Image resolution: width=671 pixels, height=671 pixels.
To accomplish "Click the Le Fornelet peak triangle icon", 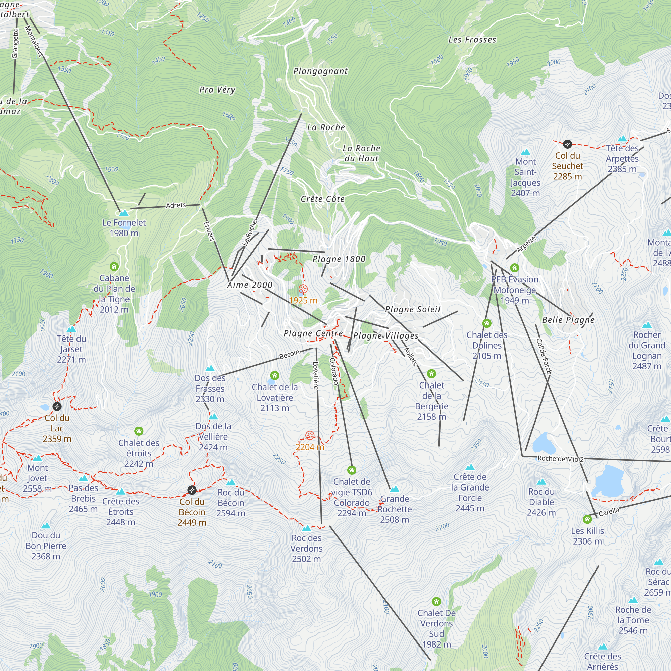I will (124, 213).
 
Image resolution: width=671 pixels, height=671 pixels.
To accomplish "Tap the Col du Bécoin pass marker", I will (192, 490).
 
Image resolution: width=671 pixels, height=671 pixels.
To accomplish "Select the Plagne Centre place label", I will (313, 333).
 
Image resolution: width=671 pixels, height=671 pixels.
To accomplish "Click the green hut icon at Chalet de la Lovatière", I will (275, 375).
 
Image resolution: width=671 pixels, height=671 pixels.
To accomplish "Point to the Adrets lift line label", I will (176, 205).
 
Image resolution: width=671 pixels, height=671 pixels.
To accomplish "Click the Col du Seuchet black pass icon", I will (567, 144).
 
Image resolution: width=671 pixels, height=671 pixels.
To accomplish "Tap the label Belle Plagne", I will (568, 320).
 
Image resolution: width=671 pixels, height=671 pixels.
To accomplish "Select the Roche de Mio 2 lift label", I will (561, 459).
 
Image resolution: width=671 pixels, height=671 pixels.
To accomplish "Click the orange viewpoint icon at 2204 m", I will (310, 435).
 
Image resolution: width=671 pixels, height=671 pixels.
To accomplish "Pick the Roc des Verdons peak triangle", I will (306, 529).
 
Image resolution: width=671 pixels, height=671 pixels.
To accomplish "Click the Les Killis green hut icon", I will (587, 519).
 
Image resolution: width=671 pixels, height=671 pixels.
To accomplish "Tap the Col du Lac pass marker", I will (57, 406).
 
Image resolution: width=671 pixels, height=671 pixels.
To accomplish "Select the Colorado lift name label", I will (334, 371).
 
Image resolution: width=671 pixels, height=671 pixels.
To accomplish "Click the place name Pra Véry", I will (217, 90).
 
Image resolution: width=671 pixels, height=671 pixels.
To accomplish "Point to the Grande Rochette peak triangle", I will (394, 489).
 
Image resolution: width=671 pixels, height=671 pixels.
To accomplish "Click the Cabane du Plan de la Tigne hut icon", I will (114, 267).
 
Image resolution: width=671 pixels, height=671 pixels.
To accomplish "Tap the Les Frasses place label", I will (472, 40).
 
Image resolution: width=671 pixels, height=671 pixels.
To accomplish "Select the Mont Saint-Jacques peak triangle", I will (525, 152).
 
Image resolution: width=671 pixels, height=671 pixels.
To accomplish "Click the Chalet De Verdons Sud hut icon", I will (436, 601).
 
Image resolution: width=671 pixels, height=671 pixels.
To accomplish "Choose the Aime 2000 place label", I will (250, 285).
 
